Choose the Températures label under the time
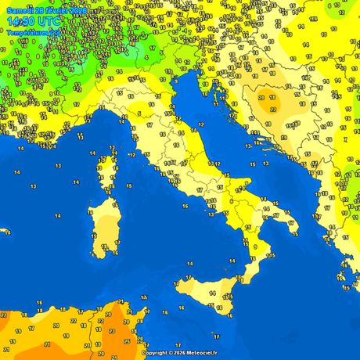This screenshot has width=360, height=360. (x=28, y=33)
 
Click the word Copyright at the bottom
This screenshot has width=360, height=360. (x=157, y=353)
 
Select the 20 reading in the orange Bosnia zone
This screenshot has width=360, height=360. (x=273, y=99)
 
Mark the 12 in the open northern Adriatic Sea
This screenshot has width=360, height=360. (x=201, y=125)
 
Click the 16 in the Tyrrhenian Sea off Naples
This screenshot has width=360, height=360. (x=185, y=206)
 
